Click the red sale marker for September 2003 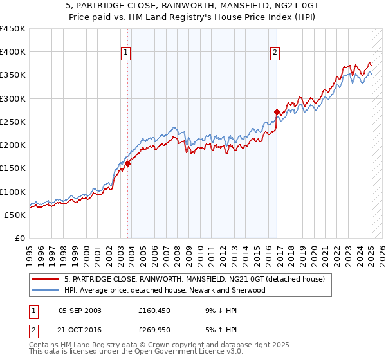click(x=127, y=163)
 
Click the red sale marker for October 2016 click(x=277, y=112)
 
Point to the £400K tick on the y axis click(x=13, y=52)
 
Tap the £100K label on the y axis click(x=13, y=192)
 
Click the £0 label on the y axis click(x=20, y=239)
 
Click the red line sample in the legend click(x=46, y=279)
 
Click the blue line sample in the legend click(x=46, y=290)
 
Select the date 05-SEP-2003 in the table click(x=80, y=310)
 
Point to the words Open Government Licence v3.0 click(x=184, y=352)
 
